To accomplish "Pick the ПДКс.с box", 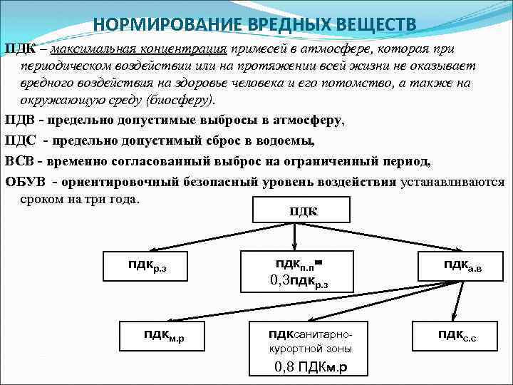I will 457,335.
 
